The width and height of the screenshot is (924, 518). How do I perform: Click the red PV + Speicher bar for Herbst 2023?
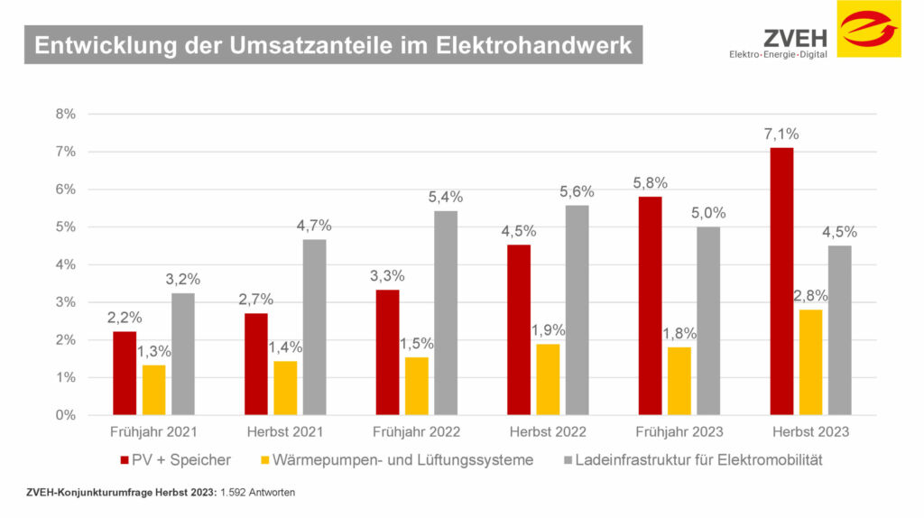pos(781,281)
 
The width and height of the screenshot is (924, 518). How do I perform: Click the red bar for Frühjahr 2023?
pos(650,306)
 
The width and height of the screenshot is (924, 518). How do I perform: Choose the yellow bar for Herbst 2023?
pos(810,362)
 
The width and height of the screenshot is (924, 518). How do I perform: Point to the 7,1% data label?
pos(781,134)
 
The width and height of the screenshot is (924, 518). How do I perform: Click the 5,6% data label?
pos(577,191)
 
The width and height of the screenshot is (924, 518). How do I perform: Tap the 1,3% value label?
pos(153,352)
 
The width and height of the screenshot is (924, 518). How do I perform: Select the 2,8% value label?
pos(810,295)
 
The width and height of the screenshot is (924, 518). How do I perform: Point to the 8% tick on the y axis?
pos(66,114)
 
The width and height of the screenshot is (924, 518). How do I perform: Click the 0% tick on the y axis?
pos(66,415)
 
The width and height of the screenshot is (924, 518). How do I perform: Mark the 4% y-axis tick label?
pos(66,264)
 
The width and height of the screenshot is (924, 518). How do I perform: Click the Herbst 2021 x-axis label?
pos(285,432)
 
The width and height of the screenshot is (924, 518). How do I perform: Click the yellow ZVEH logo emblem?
pos(868,29)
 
